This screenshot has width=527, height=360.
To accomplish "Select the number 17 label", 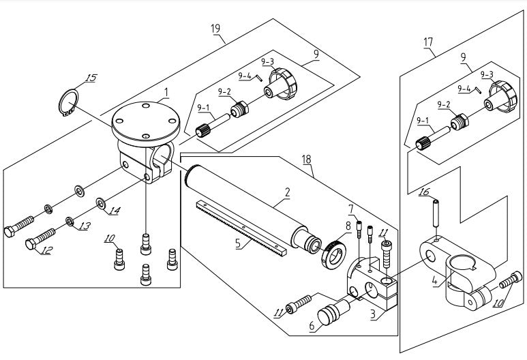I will coord(428,42).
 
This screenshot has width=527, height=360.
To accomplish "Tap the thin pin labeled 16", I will coord(433,213).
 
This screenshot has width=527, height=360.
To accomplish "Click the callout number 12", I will coord(46,251).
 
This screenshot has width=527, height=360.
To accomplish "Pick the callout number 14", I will coord(112,211).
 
